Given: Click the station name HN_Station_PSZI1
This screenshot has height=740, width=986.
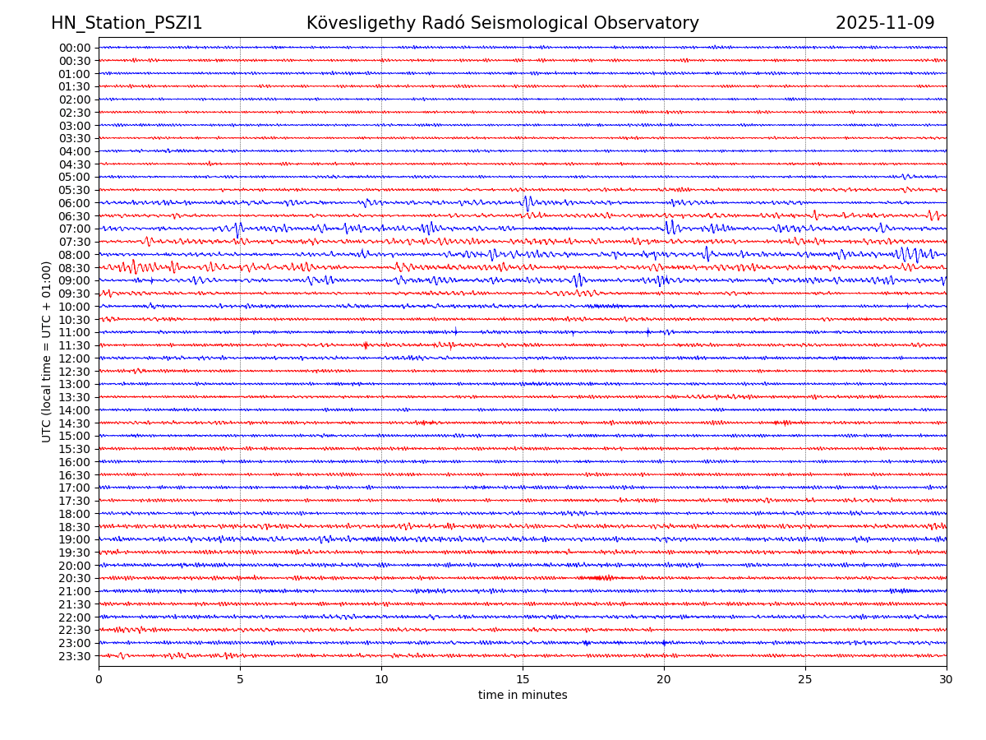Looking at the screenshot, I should pos(127,23).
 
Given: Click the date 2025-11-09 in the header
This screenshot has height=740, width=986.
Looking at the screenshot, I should pos(885,23).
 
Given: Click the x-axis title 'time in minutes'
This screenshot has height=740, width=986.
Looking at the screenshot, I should pos(523,695).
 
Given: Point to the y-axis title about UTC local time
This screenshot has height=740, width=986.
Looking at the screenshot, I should pos(47,351).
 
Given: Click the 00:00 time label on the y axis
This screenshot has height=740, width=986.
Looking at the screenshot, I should pos(74,48).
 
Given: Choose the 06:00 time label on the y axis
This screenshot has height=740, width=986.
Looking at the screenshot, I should pos(74,203).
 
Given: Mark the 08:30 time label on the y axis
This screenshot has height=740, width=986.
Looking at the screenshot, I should pos(74,268).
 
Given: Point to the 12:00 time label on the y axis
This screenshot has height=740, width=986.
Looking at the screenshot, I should pos(74,358).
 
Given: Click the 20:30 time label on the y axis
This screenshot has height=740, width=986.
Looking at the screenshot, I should pos(74,579).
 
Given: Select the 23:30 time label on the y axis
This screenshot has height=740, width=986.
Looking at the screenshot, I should pos(74,656).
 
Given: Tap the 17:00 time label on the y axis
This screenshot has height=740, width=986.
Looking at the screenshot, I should pos(74,488).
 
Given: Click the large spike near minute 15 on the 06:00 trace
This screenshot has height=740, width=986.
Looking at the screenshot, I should pos(527,201).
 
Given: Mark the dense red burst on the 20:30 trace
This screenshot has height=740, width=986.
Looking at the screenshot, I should pos(598,578).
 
